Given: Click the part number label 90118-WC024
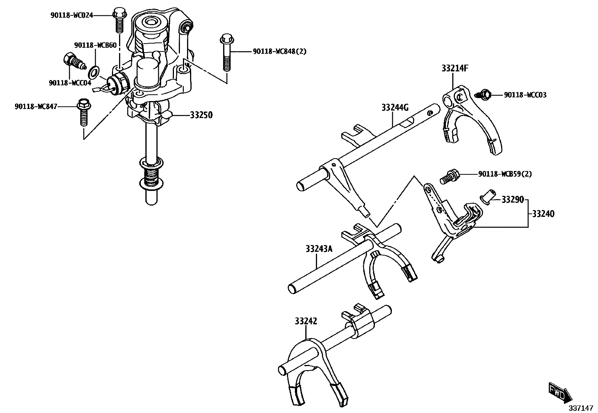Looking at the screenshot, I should (x=71, y=15).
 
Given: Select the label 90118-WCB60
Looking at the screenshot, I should (x=95, y=45).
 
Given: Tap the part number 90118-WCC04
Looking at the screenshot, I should (x=70, y=83).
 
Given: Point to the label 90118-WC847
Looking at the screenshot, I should (x=36, y=107).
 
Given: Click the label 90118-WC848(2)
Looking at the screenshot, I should (x=279, y=51).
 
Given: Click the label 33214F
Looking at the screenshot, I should (x=455, y=68).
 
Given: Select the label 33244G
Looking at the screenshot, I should (x=394, y=108).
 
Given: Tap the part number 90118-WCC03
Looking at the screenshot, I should (x=525, y=95).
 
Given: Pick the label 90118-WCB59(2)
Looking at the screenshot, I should (x=505, y=174).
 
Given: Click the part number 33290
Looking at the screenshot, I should (x=512, y=200).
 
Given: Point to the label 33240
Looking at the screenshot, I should (x=543, y=214).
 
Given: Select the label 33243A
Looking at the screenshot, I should (x=319, y=248).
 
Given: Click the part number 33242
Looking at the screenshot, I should (x=306, y=321).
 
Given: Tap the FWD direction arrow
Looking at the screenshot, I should (x=560, y=392).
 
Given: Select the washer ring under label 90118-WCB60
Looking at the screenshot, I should (x=95, y=70).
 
